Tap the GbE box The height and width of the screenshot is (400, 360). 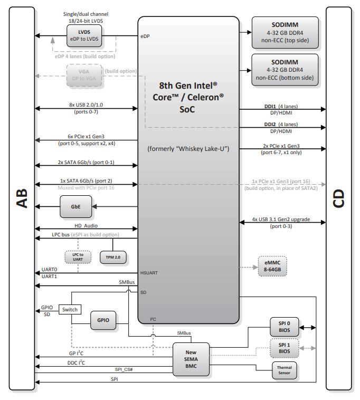click(77, 206)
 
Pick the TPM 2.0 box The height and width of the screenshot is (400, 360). click(113, 257)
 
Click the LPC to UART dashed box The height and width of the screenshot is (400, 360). click(78, 257)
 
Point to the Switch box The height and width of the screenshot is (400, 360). click(69, 309)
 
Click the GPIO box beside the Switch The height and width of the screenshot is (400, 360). click(103, 320)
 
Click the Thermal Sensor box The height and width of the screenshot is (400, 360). click(283, 370)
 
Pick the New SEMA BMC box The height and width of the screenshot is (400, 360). click(191, 359)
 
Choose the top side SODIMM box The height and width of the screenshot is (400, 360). click(285, 32)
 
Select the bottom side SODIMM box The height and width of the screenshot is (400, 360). click(285, 70)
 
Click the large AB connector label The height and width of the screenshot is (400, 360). click(21, 199)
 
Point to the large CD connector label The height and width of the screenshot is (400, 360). click(339, 199)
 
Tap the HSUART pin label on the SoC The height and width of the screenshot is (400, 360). click(150, 273)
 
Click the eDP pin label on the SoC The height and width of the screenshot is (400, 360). click(146, 36)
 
